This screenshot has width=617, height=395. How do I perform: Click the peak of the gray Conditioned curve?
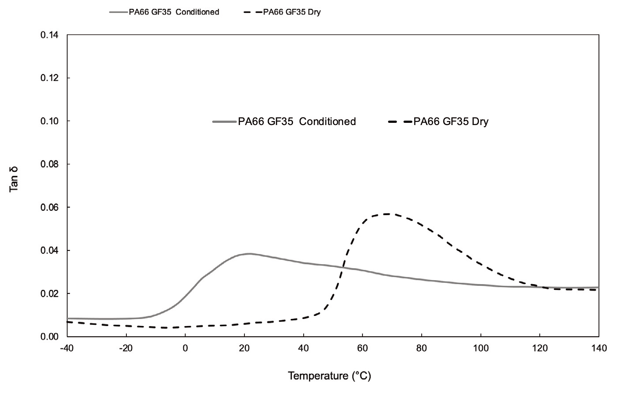tap(249, 254)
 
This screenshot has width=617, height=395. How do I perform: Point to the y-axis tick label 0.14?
tap(50, 35)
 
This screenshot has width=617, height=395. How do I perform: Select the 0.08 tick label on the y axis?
tap(50, 164)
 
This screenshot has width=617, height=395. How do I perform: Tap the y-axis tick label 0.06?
tap(50, 207)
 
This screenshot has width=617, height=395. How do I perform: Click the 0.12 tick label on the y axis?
tap(50, 78)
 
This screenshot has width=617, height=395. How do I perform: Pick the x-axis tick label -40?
tap(67, 348)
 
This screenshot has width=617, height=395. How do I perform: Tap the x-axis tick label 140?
tap(599, 348)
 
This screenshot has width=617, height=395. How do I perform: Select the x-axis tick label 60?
tap(362, 348)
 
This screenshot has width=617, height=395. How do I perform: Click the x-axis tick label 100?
tap(481, 348)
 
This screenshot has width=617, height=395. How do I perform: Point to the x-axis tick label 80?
tap(422, 348)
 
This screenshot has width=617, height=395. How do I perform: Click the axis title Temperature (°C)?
tap(329, 376)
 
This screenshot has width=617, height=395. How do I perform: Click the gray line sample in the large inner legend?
tap(225, 122)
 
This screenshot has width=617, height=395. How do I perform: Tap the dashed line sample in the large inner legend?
tap(400, 122)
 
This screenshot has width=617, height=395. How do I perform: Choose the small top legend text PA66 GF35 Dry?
tap(292, 12)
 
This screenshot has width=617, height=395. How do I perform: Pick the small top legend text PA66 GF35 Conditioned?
tap(177, 12)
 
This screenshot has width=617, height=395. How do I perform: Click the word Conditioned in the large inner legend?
tap(327, 122)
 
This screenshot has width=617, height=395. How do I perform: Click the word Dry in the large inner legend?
tap(480, 122)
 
